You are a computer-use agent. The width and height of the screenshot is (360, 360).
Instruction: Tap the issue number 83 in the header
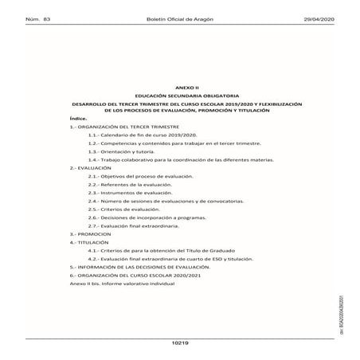(x=46, y=18)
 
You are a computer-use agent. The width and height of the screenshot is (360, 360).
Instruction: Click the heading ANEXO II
(x=183, y=105)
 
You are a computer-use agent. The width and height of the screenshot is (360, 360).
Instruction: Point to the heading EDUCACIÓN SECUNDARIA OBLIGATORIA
(x=183, y=113)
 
